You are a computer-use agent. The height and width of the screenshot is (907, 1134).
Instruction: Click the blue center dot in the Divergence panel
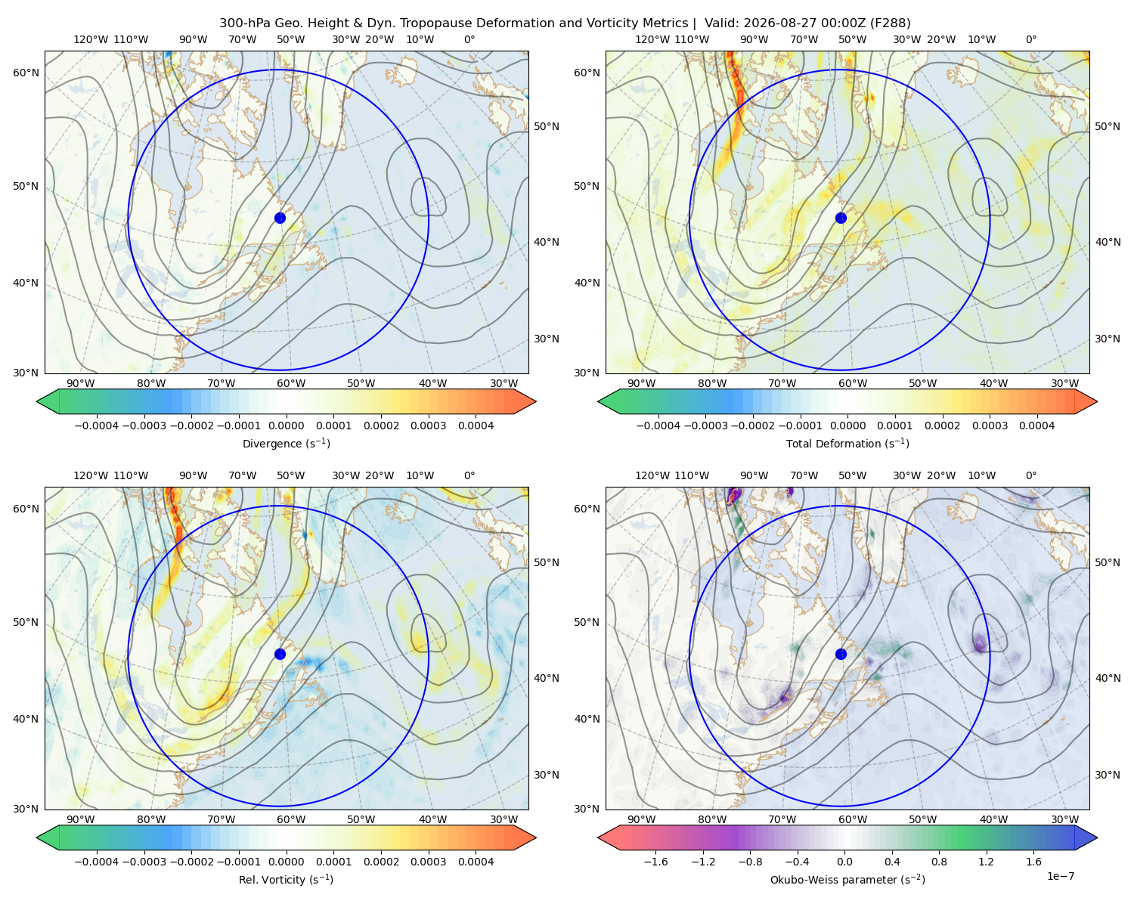tap(280, 218)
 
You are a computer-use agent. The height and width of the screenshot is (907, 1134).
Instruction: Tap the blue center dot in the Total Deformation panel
tap(841, 218)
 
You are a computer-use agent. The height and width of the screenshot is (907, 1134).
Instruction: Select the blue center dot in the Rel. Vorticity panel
tap(280, 654)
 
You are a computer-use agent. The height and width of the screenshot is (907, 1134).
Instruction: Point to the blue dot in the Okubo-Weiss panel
tap(841, 654)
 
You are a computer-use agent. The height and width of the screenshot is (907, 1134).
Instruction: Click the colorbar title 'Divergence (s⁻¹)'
tap(286, 443)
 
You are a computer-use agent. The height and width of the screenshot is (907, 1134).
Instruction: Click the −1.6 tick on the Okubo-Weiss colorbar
tap(655, 862)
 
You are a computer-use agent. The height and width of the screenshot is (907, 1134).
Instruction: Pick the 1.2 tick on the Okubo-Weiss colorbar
tap(986, 862)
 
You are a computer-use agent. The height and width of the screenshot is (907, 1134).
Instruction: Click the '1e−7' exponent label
tap(1060, 876)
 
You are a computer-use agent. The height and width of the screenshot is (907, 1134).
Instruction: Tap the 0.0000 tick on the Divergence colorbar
tap(286, 426)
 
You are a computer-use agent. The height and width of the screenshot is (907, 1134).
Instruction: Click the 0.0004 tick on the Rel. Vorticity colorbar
tap(476, 862)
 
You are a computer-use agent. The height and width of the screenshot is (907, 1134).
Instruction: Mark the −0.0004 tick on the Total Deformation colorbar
tap(658, 426)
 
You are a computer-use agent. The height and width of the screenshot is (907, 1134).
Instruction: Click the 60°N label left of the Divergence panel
tap(26, 73)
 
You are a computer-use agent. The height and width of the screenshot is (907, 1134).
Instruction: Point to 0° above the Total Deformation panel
tap(1030, 39)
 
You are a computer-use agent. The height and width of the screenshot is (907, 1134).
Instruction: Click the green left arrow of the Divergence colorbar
tap(48, 401)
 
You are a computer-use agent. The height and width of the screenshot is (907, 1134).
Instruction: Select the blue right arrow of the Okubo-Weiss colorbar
tap(1086, 837)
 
